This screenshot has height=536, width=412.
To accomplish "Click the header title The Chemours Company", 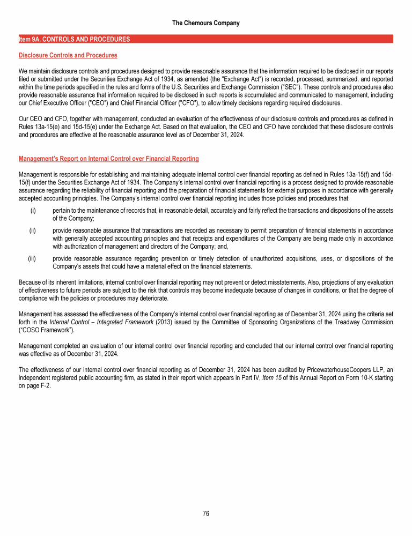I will [206, 23].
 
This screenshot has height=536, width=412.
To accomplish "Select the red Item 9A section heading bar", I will [206, 39].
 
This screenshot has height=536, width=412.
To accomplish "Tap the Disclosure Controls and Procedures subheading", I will [68, 55].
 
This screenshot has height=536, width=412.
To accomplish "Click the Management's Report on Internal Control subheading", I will [109, 159].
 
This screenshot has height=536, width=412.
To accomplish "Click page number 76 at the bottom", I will [206, 513].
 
